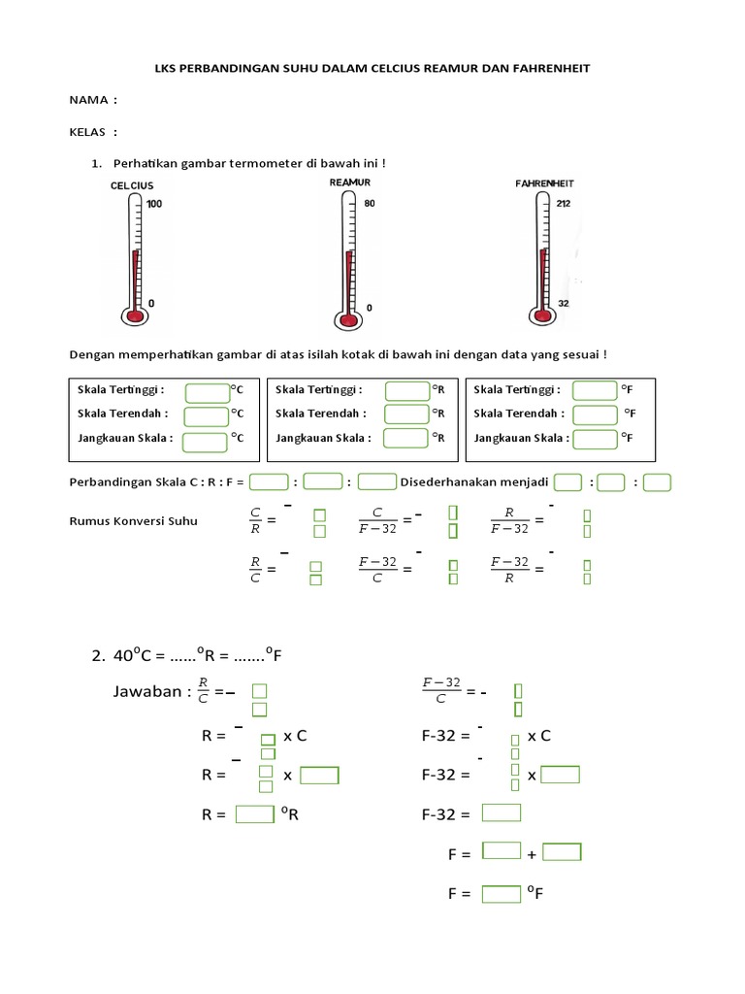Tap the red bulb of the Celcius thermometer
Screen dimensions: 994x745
point(134,315)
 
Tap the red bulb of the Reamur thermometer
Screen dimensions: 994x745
point(346,319)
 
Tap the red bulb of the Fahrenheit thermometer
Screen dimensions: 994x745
point(539,314)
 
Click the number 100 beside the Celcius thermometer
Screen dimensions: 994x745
point(155,204)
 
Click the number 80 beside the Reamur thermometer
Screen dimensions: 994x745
point(370,204)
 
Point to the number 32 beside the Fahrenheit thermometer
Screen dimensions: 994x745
point(565,303)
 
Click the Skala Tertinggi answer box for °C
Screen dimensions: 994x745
point(207,392)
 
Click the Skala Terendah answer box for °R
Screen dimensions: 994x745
point(406,414)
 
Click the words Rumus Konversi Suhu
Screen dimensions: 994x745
point(134,520)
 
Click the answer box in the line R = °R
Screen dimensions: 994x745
point(254,814)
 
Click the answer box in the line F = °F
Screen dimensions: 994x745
point(502,893)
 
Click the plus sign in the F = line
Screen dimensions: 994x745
point(532,855)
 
